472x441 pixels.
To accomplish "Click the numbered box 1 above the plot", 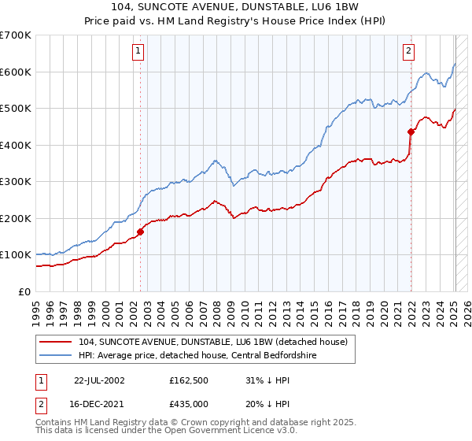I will click(138, 52).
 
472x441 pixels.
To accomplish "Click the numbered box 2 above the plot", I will click(409, 52).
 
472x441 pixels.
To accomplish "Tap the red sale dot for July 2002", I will click(141, 232).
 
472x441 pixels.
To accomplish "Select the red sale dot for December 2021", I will click(411, 132).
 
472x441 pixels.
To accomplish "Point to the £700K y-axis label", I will click(16, 35).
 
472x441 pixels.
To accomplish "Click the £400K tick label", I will click(16, 145).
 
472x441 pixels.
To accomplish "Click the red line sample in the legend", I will click(56, 341).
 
